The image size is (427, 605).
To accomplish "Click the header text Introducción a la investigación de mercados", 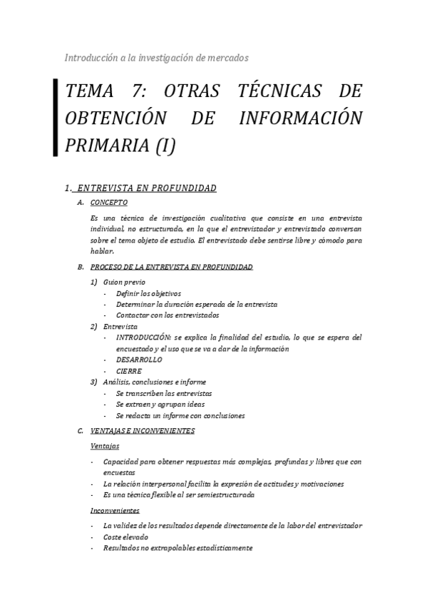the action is [x=156, y=57].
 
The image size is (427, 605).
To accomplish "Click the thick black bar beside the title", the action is [x=56, y=117].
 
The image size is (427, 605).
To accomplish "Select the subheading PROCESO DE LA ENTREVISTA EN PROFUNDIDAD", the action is [x=171, y=267].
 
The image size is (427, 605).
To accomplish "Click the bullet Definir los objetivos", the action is [x=148, y=293].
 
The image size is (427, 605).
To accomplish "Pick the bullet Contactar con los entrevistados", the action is [x=168, y=315].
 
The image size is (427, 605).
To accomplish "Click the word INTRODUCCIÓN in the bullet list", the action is [x=144, y=337].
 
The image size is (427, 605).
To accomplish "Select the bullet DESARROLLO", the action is [x=138, y=360].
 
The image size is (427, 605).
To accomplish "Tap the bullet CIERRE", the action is [x=129, y=371].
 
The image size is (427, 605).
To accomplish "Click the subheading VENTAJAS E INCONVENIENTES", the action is [x=143, y=431].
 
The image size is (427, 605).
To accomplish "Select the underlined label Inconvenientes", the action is [x=115, y=510].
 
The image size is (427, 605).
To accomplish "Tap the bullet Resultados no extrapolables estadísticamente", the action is [x=178, y=548].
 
